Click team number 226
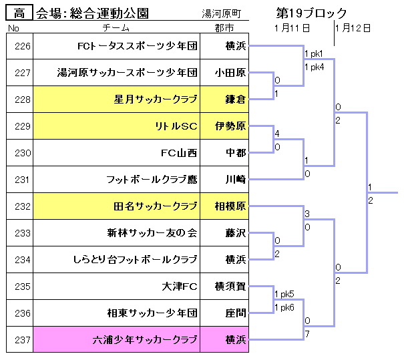click(x=23, y=46)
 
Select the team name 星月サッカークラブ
click(x=156, y=100)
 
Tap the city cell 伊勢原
click(x=230, y=126)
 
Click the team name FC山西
click(x=179, y=153)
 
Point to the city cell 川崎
click(x=236, y=180)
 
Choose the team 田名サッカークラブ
click(x=156, y=206)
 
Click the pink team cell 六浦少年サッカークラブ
click(x=145, y=340)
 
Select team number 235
click(x=23, y=287)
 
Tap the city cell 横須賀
click(x=230, y=287)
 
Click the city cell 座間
click(x=236, y=313)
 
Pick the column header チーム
click(x=116, y=28)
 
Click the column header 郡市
click(x=224, y=28)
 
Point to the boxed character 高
click(x=19, y=13)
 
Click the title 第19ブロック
click(x=311, y=13)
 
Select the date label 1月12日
click(x=353, y=28)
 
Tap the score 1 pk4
click(x=315, y=67)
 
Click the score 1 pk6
click(x=284, y=307)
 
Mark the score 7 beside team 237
click(x=307, y=334)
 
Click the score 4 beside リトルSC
click(x=277, y=134)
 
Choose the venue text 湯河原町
click(x=221, y=13)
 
